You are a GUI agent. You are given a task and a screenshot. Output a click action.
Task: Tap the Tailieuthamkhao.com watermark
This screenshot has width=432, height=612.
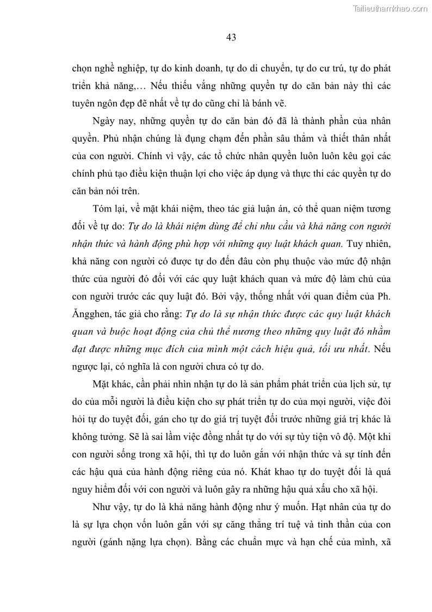pyautogui.click(x=391, y=8)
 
